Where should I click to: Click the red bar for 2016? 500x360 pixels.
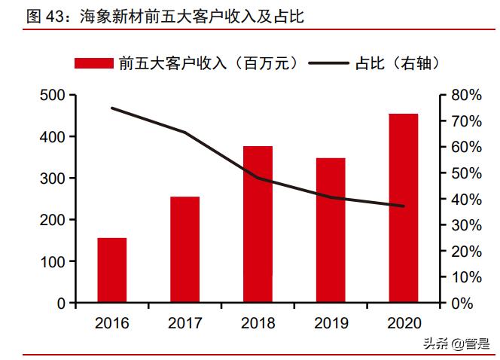pos(112,270)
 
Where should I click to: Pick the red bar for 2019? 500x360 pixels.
pos(331,230)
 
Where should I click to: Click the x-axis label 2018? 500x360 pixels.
pos(258,323)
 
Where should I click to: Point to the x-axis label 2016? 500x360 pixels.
pos(112,323)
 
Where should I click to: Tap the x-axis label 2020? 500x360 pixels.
pos(404,323)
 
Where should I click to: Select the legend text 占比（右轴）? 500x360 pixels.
pos(395,63)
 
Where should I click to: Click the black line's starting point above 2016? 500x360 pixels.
pos(112,108)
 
